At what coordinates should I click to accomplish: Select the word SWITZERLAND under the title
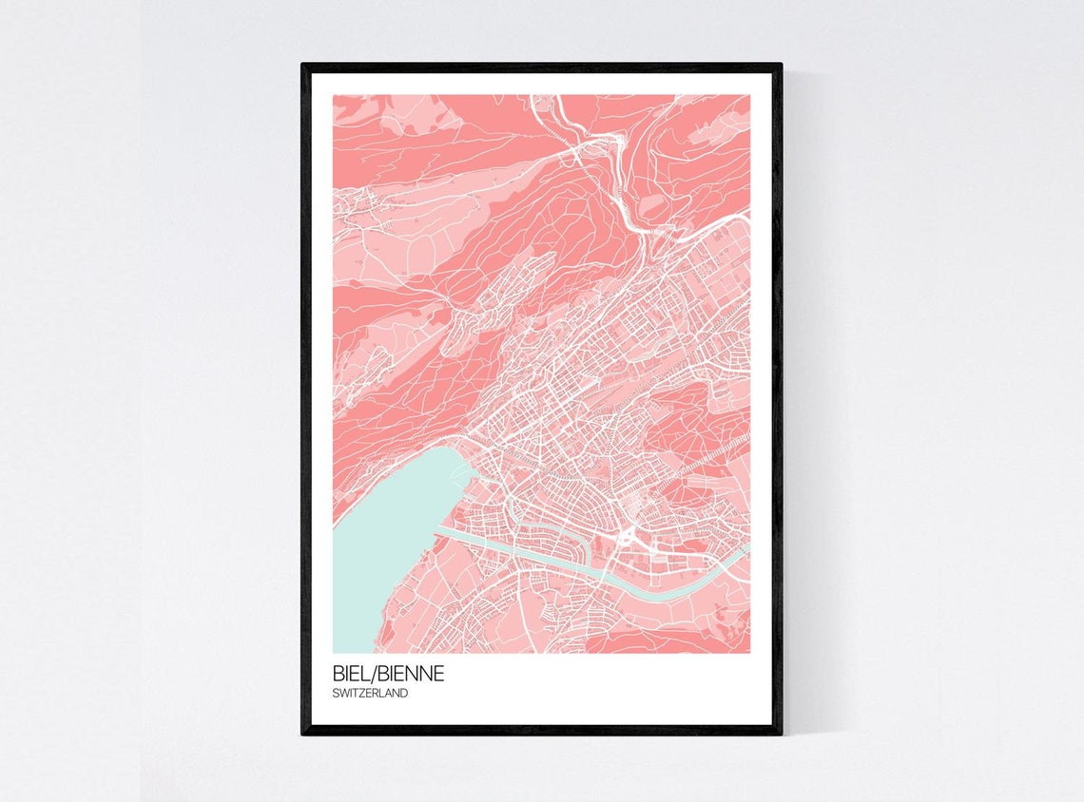point(371,694)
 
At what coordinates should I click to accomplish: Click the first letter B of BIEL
point(339,674)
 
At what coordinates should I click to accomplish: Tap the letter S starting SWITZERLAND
point(337,694)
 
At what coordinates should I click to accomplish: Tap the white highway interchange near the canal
point(629,540)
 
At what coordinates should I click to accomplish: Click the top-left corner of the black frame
point(303,66)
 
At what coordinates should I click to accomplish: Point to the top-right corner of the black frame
point(781,66)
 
